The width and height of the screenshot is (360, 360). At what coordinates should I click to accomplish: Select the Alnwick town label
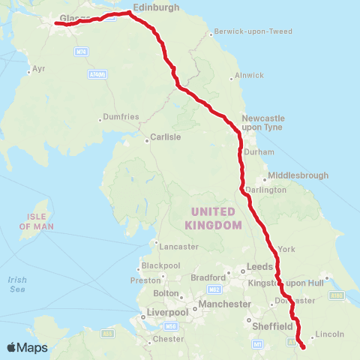pos(250,75)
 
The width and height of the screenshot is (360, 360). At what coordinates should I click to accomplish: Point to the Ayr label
pos(39,69)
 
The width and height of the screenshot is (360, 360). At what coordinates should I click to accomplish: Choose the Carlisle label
pos(166,137)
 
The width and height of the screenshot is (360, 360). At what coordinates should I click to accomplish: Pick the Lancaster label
pos(178,247)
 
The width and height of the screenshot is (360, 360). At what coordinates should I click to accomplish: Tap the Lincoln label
pos(330,333)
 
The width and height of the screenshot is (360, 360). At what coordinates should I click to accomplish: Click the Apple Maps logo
pos(28,347)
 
